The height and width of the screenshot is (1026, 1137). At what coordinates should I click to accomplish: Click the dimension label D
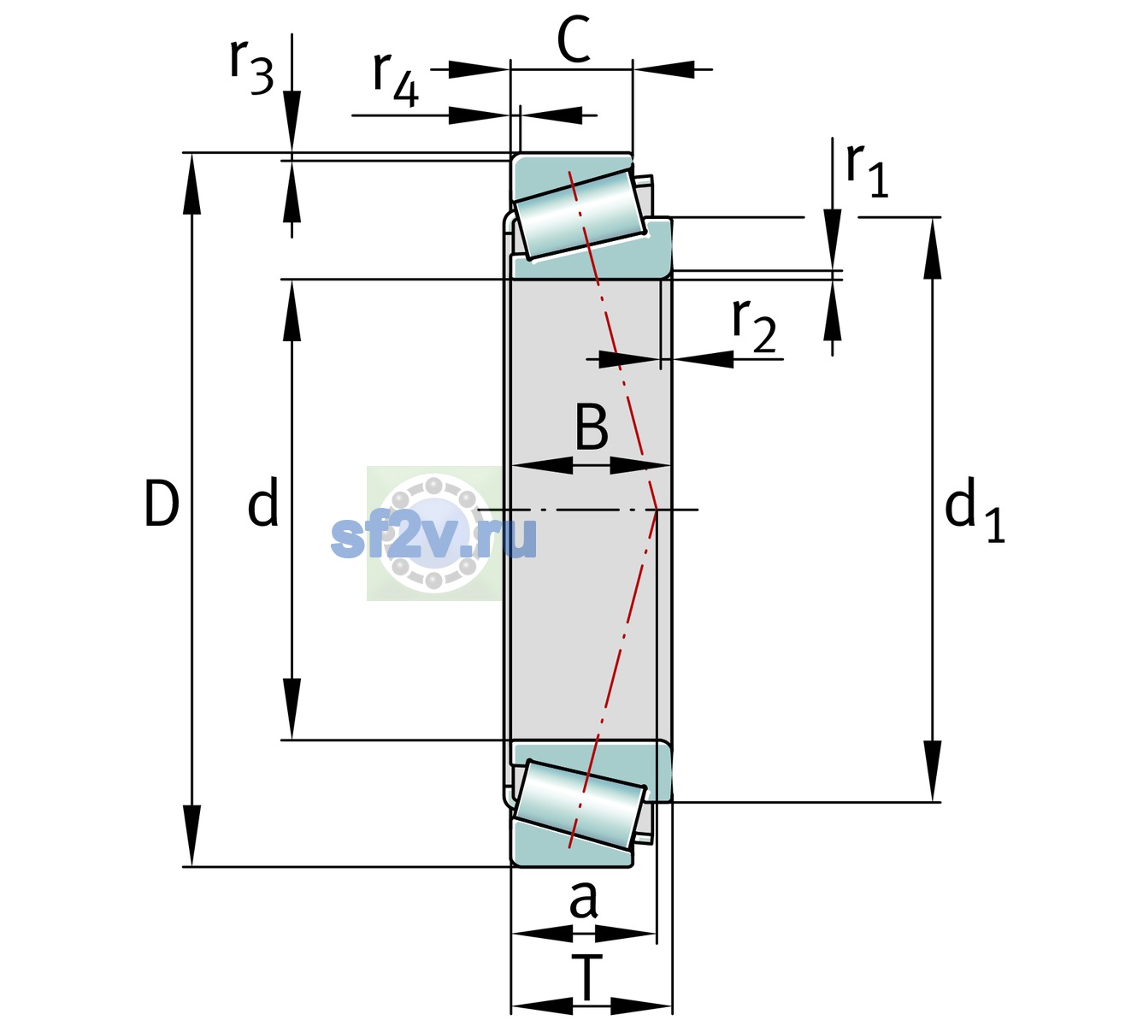pos(162,504)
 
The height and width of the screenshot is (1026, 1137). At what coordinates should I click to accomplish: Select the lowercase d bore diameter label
pos(263,502)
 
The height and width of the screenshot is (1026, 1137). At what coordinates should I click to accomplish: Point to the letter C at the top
pos(574,38)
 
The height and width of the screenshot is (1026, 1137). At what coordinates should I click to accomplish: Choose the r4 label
pos(396,79)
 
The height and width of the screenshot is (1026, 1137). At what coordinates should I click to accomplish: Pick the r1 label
pos(867,170)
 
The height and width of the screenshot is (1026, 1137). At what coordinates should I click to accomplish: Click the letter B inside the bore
pos(592,427)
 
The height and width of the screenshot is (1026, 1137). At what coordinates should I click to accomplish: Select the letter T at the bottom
pos(586,977)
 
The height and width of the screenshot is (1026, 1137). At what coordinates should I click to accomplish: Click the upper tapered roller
pos(579,215)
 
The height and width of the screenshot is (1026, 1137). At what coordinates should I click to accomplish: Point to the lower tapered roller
pos(579,805)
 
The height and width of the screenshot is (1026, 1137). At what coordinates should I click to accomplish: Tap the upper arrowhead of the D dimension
pos(191,184)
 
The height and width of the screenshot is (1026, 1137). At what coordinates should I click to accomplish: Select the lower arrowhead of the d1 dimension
pos(933,771)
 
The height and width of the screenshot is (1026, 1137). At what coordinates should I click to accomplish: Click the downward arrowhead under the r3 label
pos(292,121)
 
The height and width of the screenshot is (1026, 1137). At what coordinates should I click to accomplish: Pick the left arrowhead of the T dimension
pos(542,1006)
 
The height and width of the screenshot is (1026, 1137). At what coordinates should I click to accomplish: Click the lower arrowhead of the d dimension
pos(292,709)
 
